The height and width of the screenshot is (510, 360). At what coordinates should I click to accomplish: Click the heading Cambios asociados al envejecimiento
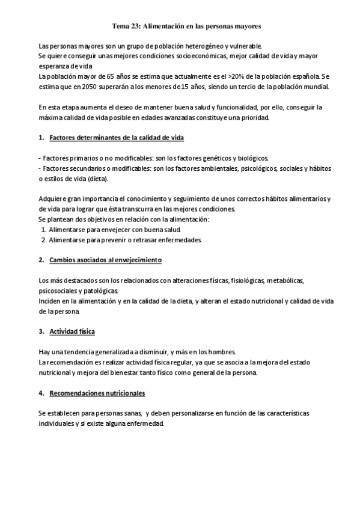pos(106,260)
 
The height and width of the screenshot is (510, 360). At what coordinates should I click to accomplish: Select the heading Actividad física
pos(72,331)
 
